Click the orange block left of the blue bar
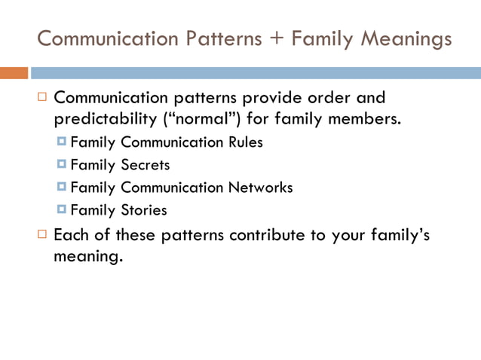(x=14, y=73)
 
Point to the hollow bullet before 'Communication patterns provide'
(x=42, y=98)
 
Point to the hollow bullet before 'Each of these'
(x=42, y=235)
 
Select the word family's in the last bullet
(x=398, y=235)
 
